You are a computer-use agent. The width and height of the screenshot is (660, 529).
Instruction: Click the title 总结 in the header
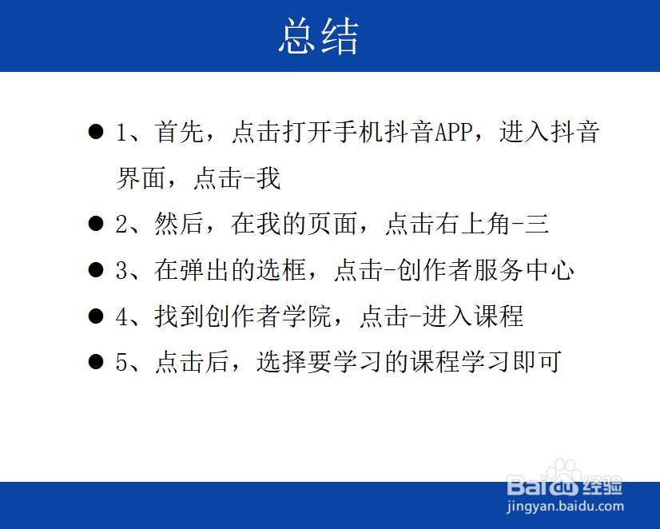pyautogui.click(x=320, y=37)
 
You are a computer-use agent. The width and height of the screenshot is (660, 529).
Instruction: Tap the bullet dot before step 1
pyautogui.click(x=96, y=132)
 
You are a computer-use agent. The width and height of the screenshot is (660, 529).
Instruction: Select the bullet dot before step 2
pyautogui.click(x=96, y=224)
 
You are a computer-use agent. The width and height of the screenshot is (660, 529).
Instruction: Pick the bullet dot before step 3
pyautogui.click(x=96, y=270)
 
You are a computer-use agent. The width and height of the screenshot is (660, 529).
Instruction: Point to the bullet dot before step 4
pyautogui.click(x=96, y=316)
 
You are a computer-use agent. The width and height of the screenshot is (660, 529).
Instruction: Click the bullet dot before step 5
pyautogui.click(x=96, y=362)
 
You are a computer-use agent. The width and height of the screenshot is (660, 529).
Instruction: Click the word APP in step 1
pyautogui.click(x=455, y=132)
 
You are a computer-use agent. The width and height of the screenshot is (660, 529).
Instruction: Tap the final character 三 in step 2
pyautogui.click(x=538, y=225)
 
